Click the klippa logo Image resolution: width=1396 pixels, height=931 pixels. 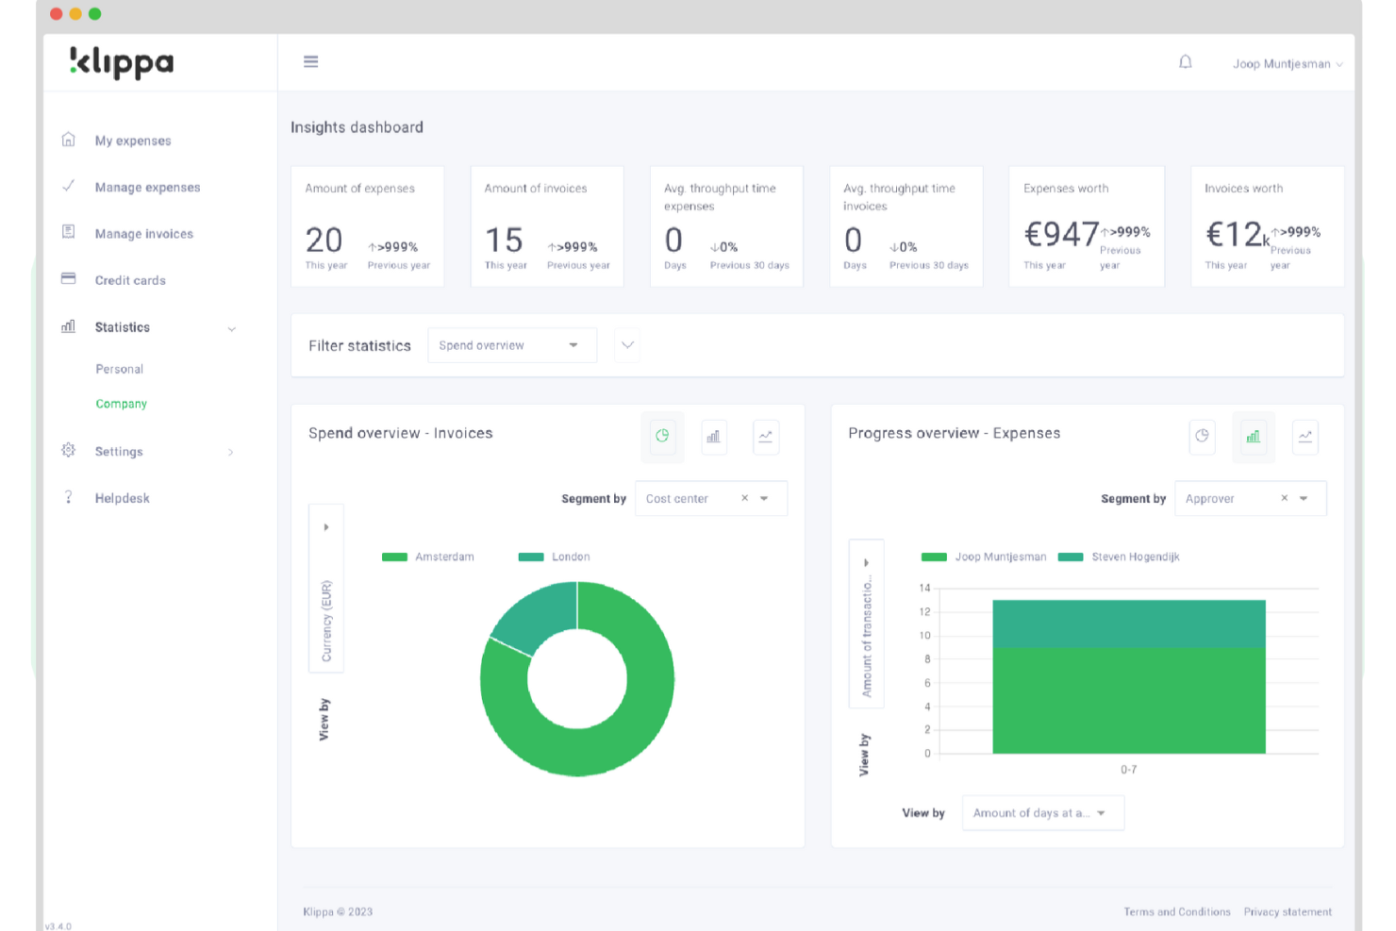122,62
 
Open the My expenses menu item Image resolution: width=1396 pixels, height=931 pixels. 132,141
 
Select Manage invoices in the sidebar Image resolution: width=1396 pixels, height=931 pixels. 143,234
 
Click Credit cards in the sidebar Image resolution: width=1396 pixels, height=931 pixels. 130,280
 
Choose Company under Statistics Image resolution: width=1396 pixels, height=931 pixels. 121,404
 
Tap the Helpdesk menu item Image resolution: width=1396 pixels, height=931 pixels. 122,498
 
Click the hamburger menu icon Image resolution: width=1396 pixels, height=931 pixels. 310,61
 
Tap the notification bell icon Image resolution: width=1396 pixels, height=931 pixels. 1186,62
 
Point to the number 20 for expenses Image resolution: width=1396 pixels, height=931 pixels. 324,241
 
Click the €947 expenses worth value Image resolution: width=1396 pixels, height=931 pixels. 1061,234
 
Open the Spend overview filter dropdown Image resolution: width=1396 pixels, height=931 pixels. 511,345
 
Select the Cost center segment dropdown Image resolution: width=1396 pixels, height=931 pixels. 710,498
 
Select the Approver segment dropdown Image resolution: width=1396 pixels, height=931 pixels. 1250,498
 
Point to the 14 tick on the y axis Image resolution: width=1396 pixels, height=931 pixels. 924,588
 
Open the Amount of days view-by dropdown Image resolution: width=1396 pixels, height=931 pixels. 1042,813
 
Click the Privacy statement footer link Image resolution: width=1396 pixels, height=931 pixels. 1288,912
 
